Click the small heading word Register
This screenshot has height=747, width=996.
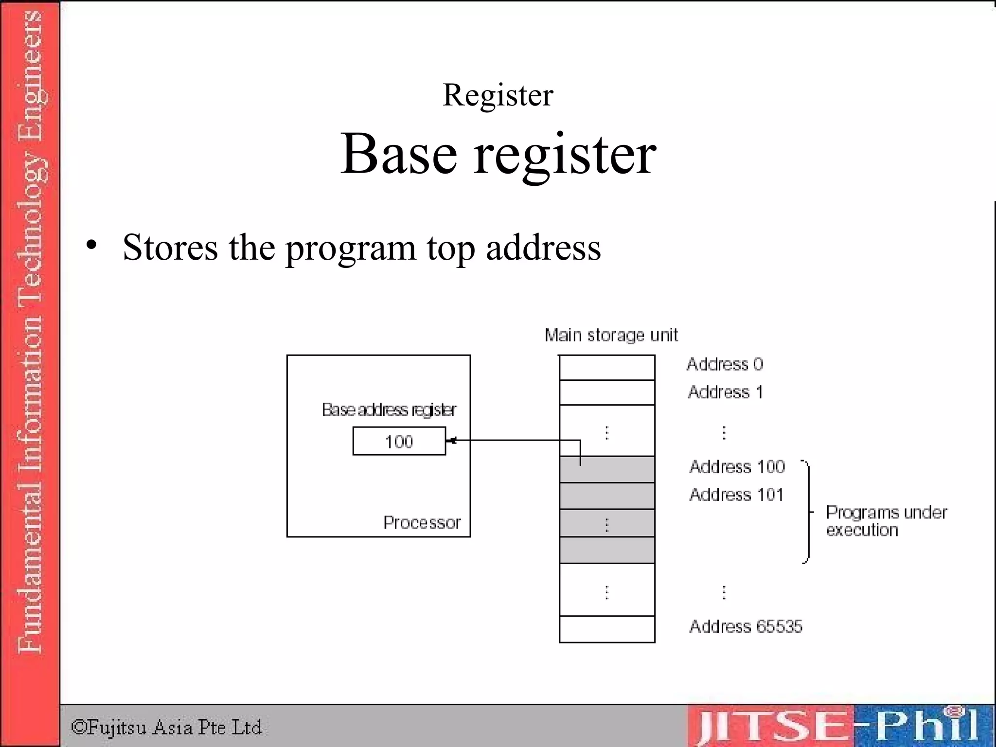point(498,95)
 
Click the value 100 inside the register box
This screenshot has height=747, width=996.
point(399,442)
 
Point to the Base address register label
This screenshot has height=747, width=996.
point(389,410)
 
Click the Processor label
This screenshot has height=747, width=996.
point(422,522)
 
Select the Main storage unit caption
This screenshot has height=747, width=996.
point(611,335)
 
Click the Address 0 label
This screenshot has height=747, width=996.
point(725,364)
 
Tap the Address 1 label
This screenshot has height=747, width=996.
point(725,392)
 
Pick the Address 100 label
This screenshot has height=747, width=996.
point(737,467)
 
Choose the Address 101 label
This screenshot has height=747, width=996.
point(736,495)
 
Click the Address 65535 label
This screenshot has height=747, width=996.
point(746,626)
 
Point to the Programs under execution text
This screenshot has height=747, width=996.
point(886,521)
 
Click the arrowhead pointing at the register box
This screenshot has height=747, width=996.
point(451,441)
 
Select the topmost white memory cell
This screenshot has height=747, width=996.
point(607,368)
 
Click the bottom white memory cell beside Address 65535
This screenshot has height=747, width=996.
point(607,629)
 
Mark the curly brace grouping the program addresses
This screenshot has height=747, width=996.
point(808,512)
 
